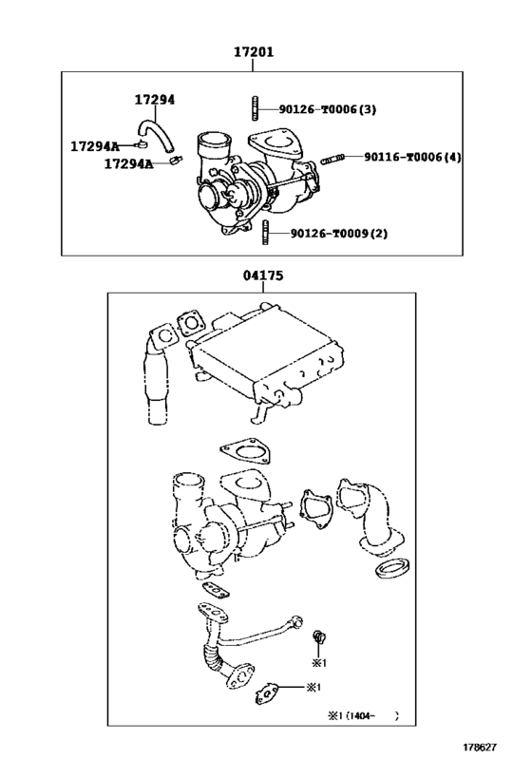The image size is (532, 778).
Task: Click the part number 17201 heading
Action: (x=254, y=53)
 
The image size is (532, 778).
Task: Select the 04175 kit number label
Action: (x=262, y=275)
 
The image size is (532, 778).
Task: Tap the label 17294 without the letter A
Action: (x=154, y=99)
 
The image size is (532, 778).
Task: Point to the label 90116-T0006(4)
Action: (x=412, y=157)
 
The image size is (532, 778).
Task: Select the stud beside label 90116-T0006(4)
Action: (x=333, y=158)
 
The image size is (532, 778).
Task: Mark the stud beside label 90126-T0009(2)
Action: (x=267, y=232)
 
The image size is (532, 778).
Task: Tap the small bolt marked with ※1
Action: (x=320, y=636)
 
